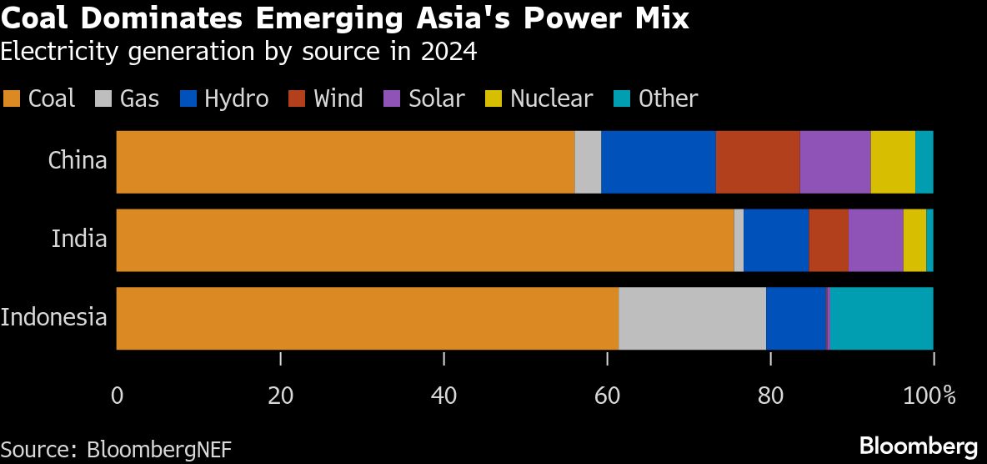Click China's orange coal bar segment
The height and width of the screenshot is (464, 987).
[345, 162]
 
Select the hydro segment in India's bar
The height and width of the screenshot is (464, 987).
[776, 240]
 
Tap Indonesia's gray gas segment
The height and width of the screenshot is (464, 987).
[692, 318]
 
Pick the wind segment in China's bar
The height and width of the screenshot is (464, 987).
[757, 162]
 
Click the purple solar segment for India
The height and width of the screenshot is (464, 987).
[875, 240]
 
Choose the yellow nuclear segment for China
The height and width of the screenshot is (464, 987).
[892, 162]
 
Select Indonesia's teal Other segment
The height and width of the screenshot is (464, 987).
[881, 318]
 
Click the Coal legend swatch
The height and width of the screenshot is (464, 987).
[12, 99]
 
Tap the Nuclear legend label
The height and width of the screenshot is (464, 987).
[551, 98]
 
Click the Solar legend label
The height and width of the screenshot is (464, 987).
[436, 98]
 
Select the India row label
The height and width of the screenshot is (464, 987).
[79, 240]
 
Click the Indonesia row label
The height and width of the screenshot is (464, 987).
[54, 318]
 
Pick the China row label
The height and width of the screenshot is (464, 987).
[78, 160]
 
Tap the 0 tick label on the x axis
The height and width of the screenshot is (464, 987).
[117, 395]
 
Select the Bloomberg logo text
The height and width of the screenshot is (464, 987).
[919, 444]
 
